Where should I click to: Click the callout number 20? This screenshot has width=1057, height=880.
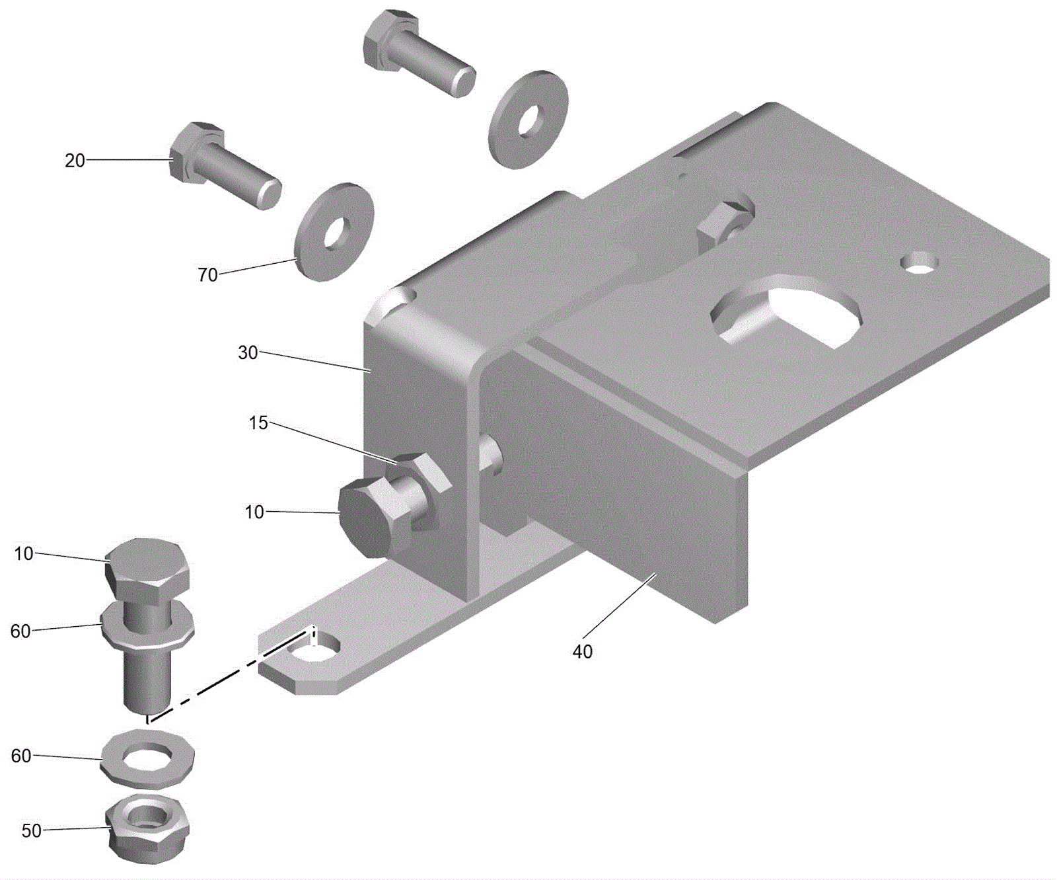click(x=75, y=160)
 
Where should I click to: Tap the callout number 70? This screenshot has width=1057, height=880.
click(x=207, y=274)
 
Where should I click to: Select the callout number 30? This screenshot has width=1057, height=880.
click(x=248, y=353)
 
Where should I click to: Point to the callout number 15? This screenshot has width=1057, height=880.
click(x=258, y=422)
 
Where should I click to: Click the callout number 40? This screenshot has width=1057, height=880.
click(x=582, y=651)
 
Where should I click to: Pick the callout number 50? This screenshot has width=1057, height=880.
click(x=32, y=830)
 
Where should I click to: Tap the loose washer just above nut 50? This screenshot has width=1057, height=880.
click(x=148, y=758)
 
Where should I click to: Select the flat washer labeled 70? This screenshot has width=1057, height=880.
click(x=334, y=232)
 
